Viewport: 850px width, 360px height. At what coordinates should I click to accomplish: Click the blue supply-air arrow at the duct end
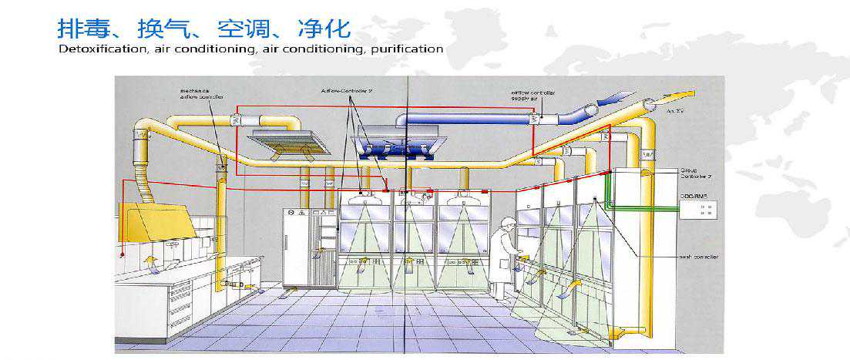click(617, 98)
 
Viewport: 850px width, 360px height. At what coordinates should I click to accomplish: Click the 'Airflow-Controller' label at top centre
click(348, 90)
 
